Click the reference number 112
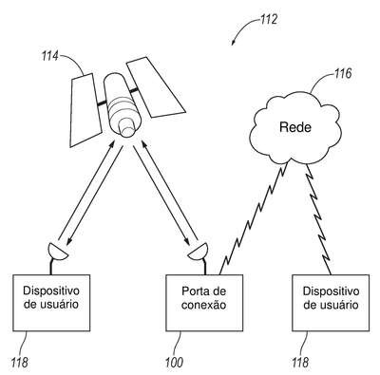point(268,20)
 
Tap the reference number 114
point(49,57)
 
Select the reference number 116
point(343,74)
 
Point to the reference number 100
point(174,363)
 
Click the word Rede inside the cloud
point(295,127)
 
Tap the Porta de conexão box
point(204,303)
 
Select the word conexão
point(204,305)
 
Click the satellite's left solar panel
point(85,110)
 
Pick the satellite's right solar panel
point(155,87)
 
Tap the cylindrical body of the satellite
point(122,104)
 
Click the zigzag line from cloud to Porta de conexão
point(254,217)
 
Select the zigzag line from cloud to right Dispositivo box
point(318,219)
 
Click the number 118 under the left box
point(20,363)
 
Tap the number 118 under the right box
point(300,363)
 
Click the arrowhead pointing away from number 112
point(233,42)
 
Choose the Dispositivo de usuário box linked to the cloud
point(331,303)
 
